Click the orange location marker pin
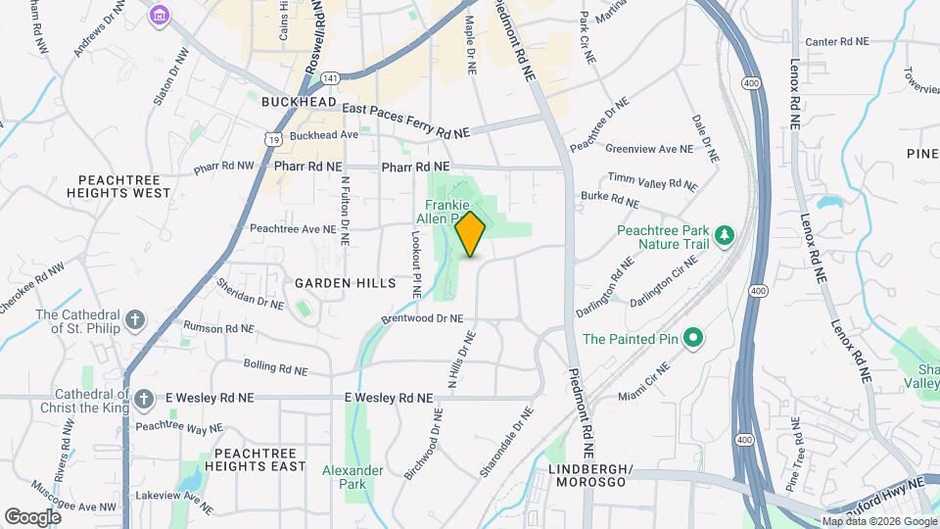[471, 234]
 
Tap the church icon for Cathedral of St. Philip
[135, 320]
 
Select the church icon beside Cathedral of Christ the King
[144, 398]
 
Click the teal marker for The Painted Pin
[694, 339]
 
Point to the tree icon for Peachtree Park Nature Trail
[724, 234]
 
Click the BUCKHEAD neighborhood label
[300, 102]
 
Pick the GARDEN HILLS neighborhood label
[346, 283]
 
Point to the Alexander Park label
[352, 477]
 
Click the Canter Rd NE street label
[836, 41]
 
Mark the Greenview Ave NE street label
[648, 149]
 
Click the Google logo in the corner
[32, 516]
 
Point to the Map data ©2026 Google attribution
[878, 521]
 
